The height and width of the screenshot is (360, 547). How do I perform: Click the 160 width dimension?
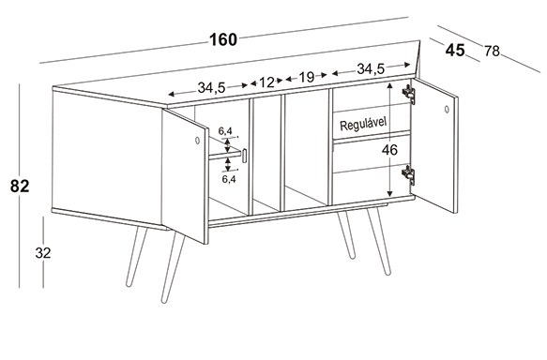click(x=223, y=39)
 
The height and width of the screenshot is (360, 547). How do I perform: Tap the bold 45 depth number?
click(x=455, y=51)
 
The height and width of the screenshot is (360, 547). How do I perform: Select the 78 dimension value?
click(x=492, y=52)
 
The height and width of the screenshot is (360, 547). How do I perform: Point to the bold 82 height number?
click(x=20, y=187)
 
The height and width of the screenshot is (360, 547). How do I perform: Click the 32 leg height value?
click(x=43, y=253)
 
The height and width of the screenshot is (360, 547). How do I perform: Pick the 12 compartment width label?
click(x=266, y=82)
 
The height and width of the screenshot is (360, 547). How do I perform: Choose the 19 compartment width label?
click(x=306, y=77)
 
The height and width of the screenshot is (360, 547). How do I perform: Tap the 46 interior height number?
click(x=389, y=150)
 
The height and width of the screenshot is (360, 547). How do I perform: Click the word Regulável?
click(x=363, y=124)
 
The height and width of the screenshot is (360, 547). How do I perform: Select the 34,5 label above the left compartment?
click(x=212, y=87)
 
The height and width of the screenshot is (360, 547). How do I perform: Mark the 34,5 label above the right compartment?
click(x=371, y=69)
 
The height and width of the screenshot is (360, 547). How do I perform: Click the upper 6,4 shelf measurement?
click(x=225, y=131)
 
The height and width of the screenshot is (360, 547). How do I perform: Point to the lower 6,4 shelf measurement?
click(x=229, y=179)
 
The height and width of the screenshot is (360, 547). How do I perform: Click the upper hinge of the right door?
click(x=409, y=94)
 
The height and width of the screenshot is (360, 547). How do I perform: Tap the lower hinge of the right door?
click(x=409, y=174)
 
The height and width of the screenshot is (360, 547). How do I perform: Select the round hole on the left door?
click(x=197, y=141)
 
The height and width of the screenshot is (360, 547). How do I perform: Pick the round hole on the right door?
click(x=447, y=109)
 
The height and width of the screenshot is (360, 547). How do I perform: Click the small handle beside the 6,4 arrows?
click(x=245, y=156)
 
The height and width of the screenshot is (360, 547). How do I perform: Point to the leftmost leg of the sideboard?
click(x=137, y=257)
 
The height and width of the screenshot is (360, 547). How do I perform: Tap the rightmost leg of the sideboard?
click(x=378, y=242)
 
